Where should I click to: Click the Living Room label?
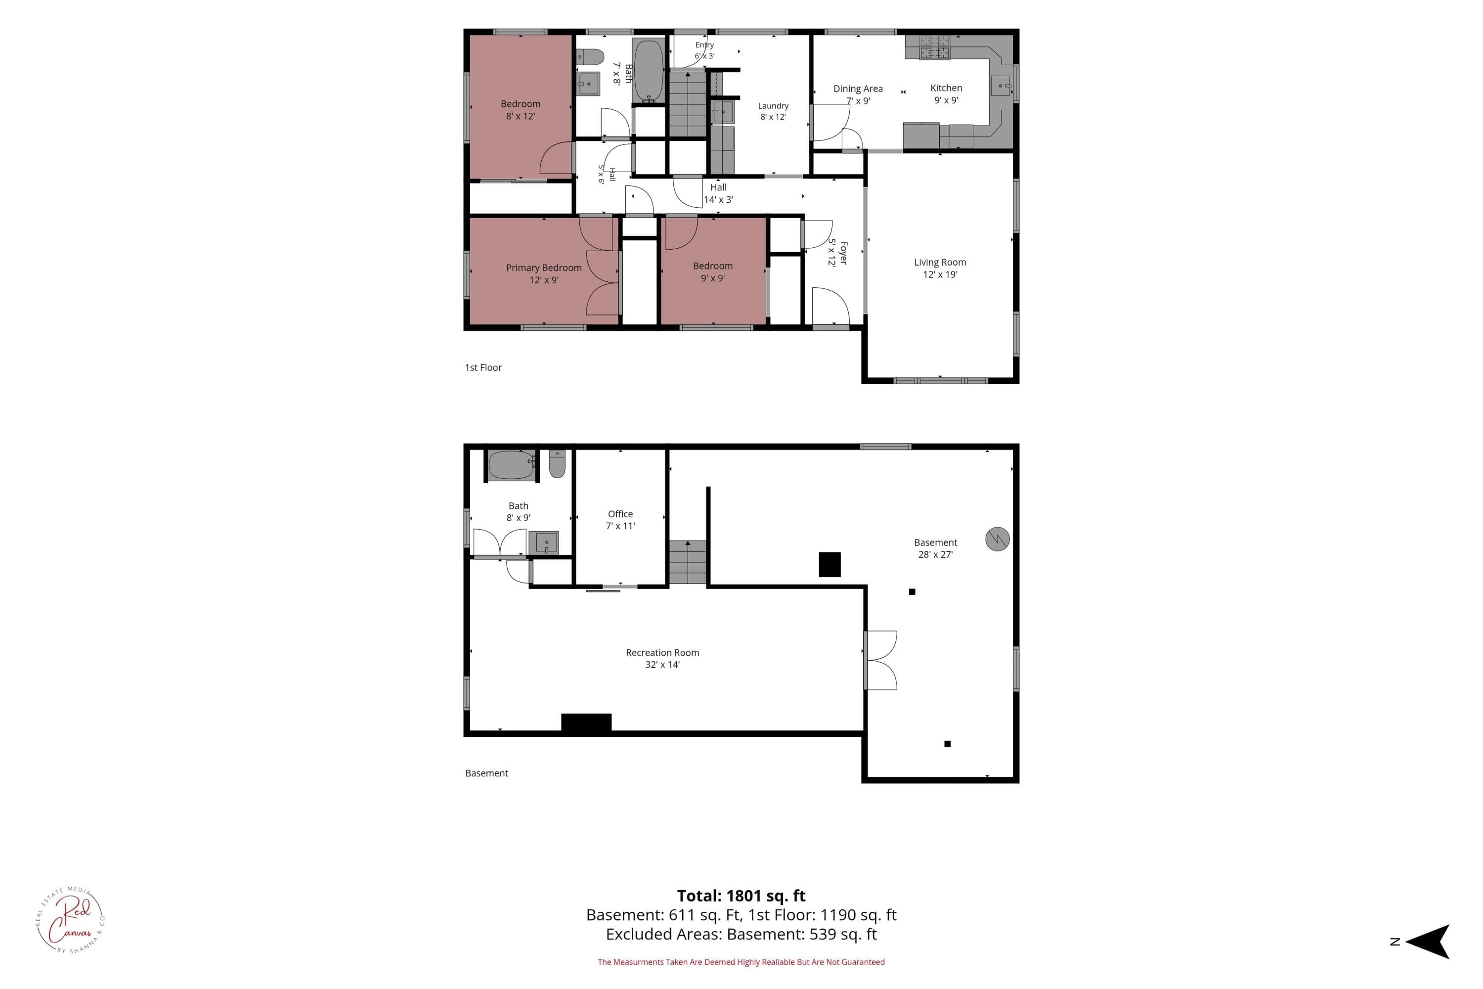(940, 268)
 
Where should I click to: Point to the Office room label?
(620, 520)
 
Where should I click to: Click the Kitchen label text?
(946, 94)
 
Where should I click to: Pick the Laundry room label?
(773, 111)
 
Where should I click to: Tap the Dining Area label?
(858, 94)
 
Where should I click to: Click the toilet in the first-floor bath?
(590, 57)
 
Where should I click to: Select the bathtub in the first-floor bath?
(649, 71)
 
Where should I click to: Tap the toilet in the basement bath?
(557, 464)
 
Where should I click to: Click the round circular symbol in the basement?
(998, 539)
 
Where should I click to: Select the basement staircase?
(687, 562)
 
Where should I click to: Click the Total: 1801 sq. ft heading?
(741, 896)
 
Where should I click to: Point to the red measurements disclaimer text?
(741, 962)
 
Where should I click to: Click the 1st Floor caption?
(483, 367)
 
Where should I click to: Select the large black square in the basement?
(830, 565)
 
